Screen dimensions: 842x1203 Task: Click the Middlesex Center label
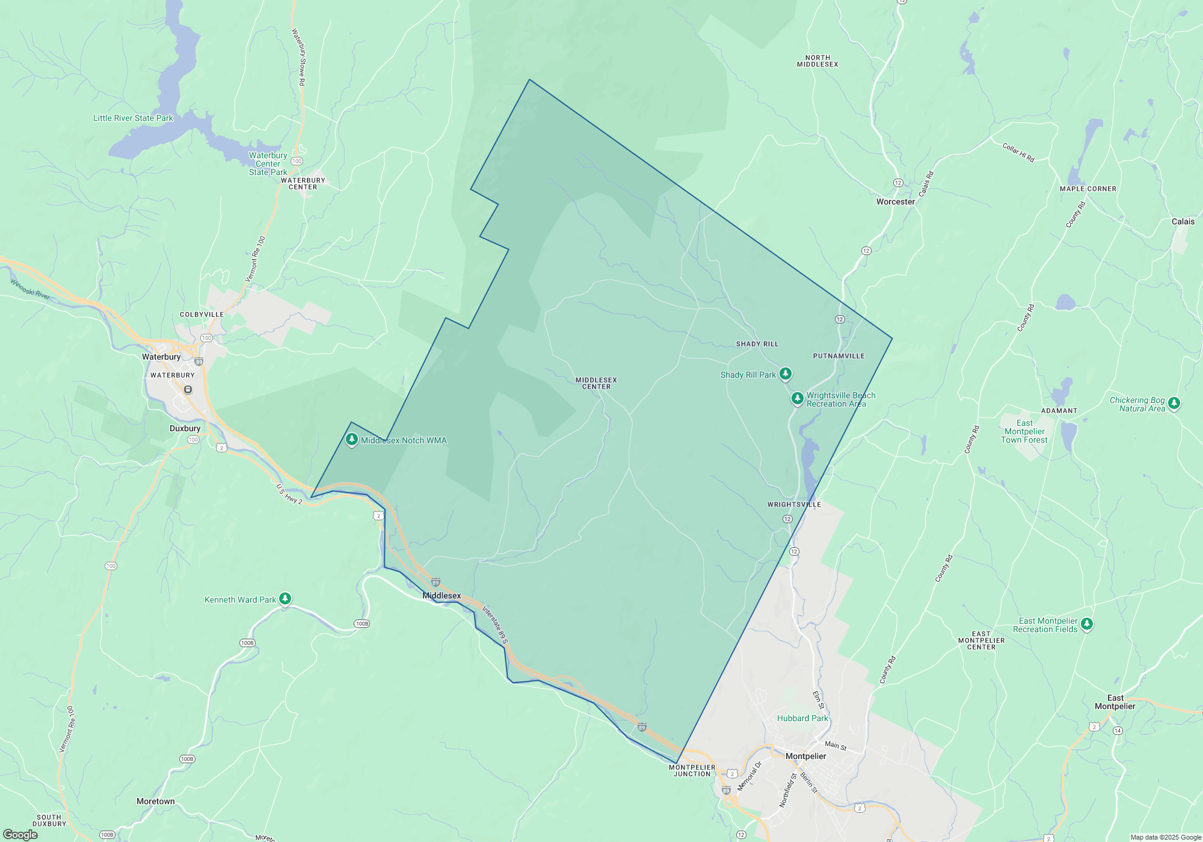click(596, 383)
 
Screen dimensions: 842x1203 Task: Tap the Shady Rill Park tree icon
click(785, 373)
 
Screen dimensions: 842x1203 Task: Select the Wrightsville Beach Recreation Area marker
click(797, 398)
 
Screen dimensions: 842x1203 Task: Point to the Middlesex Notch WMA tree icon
click(352, 440)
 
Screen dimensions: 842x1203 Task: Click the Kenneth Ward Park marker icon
click(285, 598)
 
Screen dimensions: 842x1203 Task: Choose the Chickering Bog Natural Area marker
click(1174, 403)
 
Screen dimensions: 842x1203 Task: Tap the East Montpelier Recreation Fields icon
click(1086, 624)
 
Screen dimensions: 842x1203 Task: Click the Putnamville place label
click(838, 356)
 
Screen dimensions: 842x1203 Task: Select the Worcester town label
click(895, 202)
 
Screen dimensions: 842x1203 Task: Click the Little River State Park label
click(133, 118)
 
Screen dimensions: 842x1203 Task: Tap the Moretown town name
click(155, 801)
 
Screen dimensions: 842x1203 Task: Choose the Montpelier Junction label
click(692, 770)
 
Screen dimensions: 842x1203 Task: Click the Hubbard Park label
click(802, 718)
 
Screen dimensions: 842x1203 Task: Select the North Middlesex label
click(817, 61)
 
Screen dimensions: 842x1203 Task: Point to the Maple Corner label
click(1088, 189)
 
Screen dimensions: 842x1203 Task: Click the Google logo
click(20, 835)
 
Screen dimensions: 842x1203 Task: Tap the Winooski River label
click(30, 289)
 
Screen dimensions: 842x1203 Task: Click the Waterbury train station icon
click(188, 390)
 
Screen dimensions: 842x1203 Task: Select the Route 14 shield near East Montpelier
click(1118, 731)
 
